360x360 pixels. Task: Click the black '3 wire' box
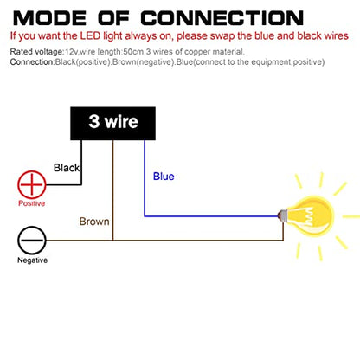click(x=112, y=124)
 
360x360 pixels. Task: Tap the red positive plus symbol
click(x=32, y=184)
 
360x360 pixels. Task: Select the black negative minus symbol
click(x=32, y=240)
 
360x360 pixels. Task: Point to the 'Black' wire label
click(x=67, y=168)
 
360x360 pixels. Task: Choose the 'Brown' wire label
click(x=94, y=222)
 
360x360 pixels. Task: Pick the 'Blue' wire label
click(x=164, y=177)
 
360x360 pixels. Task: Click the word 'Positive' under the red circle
click(x=32, y=203)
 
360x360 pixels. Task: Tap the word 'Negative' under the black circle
click(x=32, y=260)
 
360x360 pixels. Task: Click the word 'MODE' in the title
click(x=49, y=18)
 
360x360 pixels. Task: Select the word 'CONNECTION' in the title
click(x=222, y=18)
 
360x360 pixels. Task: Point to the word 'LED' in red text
click(x=90, y=36)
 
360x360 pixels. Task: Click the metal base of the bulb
click(x=281, y=215)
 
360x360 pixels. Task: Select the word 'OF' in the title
click(x=113, y=18)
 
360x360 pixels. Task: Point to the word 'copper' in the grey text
click(x=197, y=53)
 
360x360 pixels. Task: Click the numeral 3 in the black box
click(x=94, y=121)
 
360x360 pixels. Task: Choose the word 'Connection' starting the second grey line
click(x=32, y=62)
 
